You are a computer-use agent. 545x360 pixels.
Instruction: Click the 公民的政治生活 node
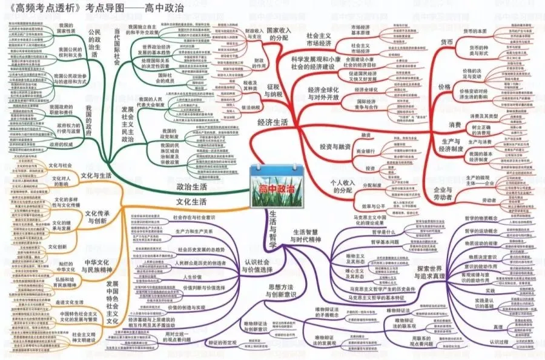point(94,42)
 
